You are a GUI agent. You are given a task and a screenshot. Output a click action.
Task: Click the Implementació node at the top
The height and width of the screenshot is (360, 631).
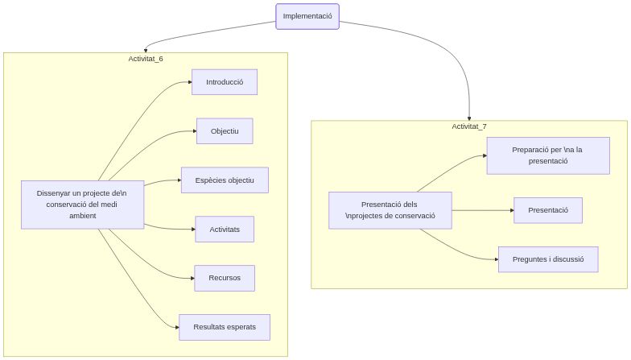307,16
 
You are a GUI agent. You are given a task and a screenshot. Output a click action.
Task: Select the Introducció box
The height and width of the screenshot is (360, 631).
224,82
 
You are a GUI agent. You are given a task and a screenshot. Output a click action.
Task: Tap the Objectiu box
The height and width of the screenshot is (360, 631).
225,131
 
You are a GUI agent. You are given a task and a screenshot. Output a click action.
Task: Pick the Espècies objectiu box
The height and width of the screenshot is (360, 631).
225,180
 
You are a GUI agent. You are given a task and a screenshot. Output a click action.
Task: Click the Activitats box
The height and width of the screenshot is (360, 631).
225,229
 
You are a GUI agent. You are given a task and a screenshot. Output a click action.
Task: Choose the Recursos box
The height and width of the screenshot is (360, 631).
225,278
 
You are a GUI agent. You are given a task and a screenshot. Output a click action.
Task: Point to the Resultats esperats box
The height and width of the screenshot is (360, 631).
225,327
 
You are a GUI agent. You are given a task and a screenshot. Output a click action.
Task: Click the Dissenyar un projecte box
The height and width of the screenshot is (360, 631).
82,205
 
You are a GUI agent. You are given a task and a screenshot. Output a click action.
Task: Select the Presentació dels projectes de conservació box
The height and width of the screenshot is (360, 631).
390,210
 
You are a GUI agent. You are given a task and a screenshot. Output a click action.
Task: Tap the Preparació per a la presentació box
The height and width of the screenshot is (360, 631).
548,155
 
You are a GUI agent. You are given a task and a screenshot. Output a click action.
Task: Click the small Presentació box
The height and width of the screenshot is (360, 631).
548,210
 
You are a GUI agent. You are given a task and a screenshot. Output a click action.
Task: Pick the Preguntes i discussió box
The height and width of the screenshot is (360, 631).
548,259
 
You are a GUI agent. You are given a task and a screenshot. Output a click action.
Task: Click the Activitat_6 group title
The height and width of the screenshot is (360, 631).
146,59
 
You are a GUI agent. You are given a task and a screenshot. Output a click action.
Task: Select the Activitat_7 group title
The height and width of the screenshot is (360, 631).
468,126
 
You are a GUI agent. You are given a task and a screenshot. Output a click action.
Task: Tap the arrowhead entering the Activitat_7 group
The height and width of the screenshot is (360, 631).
468,117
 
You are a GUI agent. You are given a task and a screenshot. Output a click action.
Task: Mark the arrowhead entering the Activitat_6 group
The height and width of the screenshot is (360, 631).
146,49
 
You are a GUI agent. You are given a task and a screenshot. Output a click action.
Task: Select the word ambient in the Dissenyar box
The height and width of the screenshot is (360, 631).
82,216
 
